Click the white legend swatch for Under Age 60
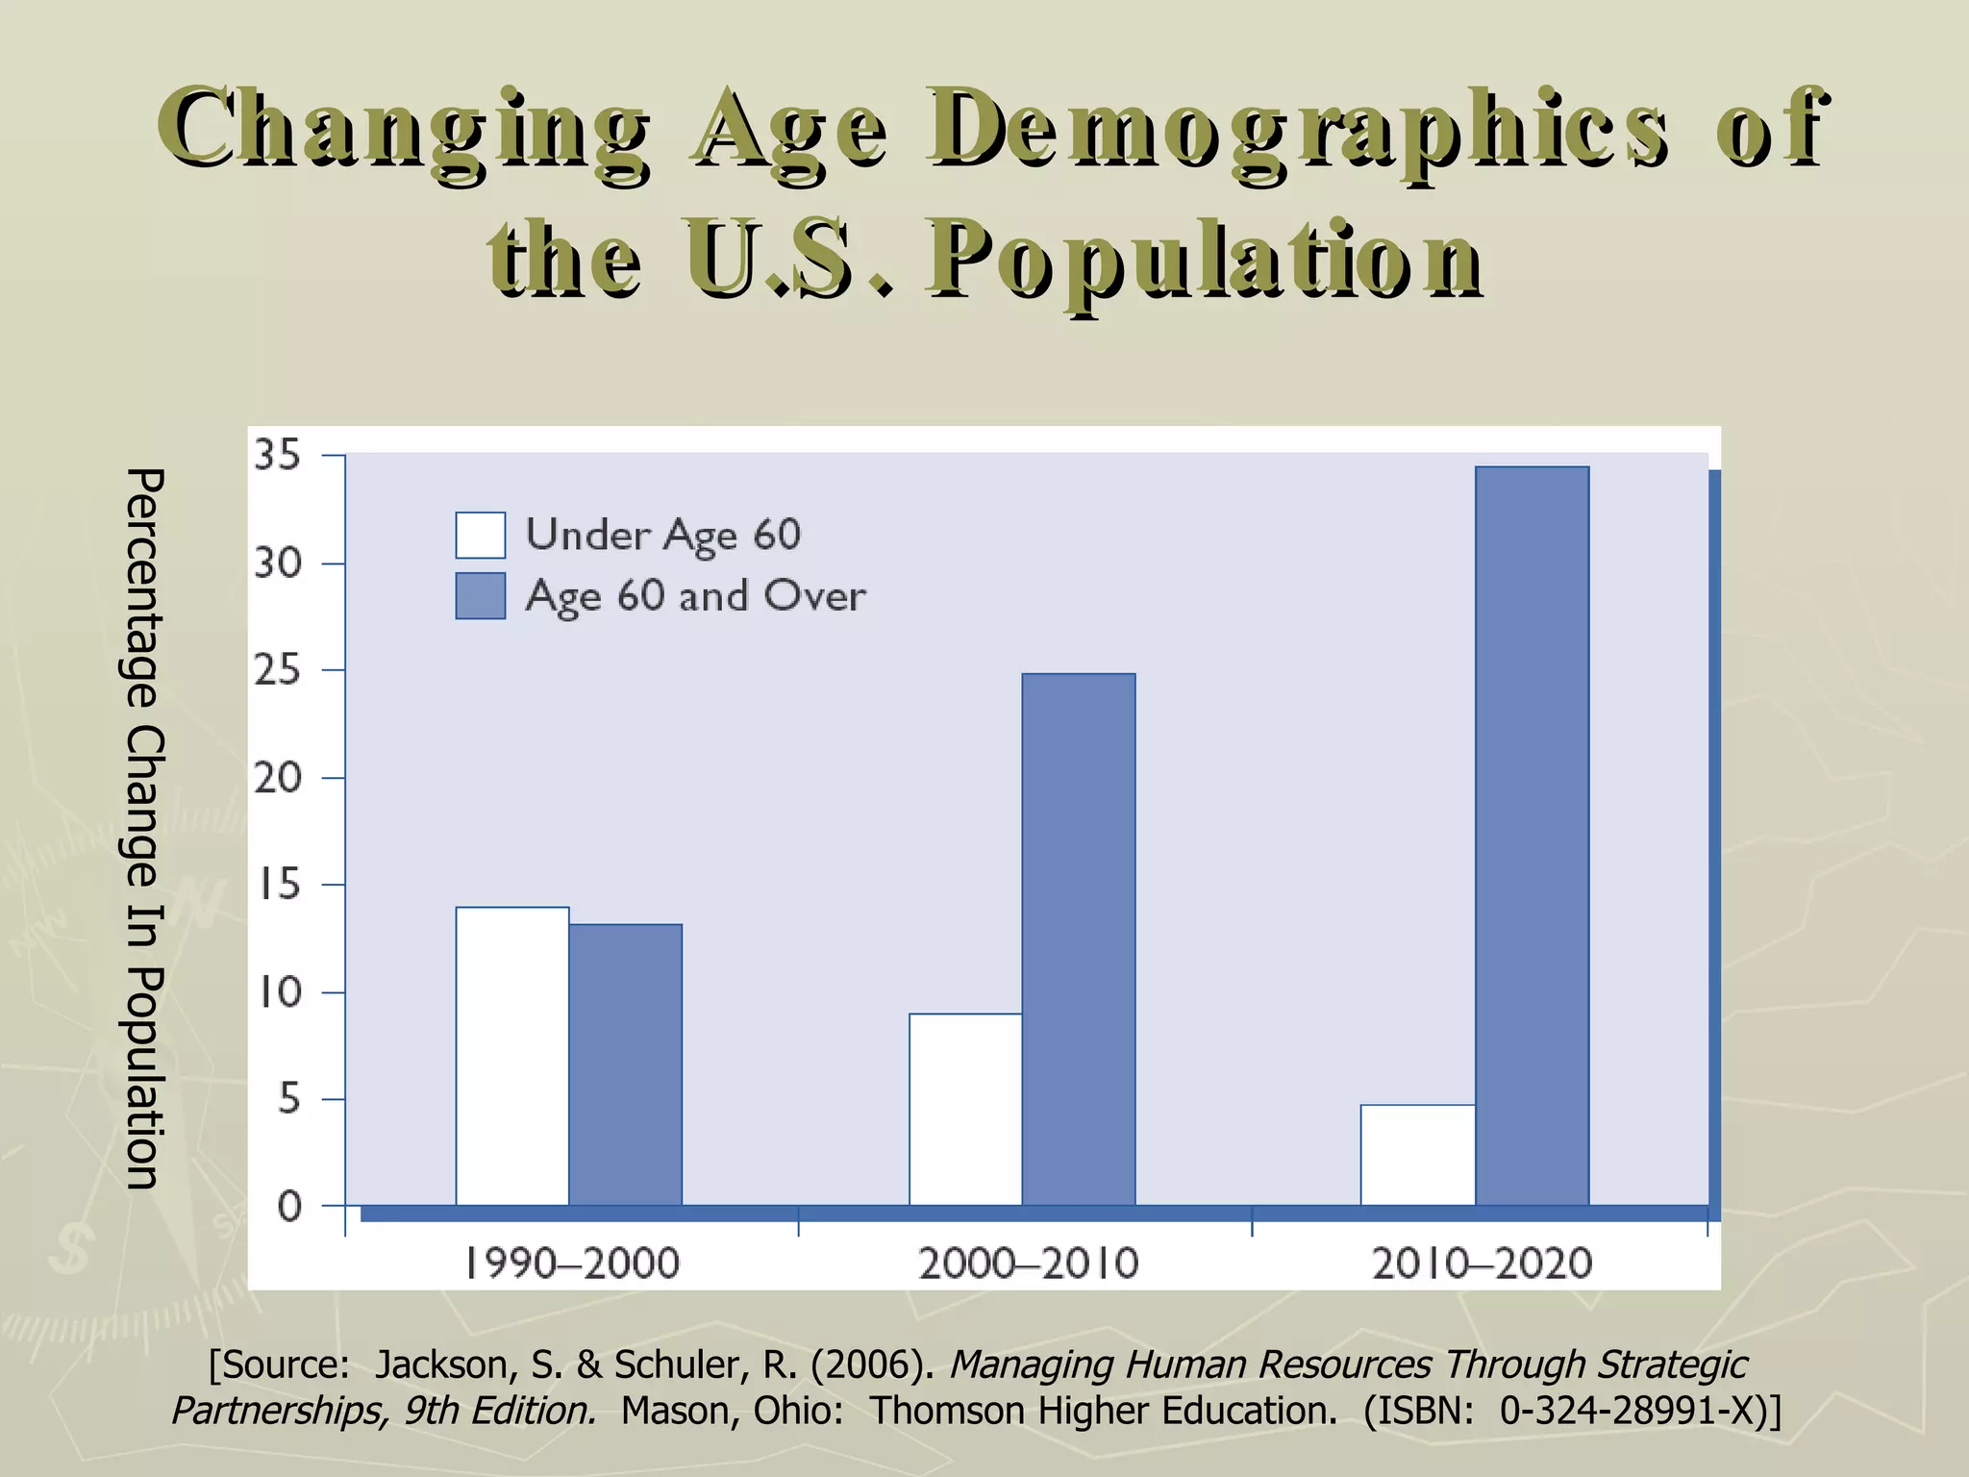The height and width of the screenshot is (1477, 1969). click(480, 535)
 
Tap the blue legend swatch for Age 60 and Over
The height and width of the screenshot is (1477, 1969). click(480, 595)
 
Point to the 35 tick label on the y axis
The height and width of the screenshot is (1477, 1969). click(277, 455)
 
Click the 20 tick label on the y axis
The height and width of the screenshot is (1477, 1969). click(277, 777)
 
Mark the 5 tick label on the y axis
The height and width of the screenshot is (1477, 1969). click(288, 1099)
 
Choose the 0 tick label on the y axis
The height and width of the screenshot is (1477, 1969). click(288, 1206)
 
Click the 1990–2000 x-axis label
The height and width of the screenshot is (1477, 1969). click(573, 1263)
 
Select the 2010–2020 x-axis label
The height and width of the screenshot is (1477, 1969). click(1482, 1263)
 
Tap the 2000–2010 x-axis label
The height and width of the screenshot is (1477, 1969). click(1028, 1263)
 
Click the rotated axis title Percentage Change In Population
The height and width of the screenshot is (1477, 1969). click(145, 828)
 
